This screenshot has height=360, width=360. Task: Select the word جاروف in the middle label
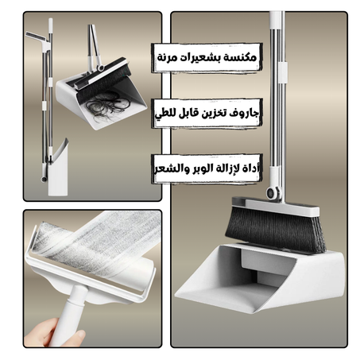(245, 114)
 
